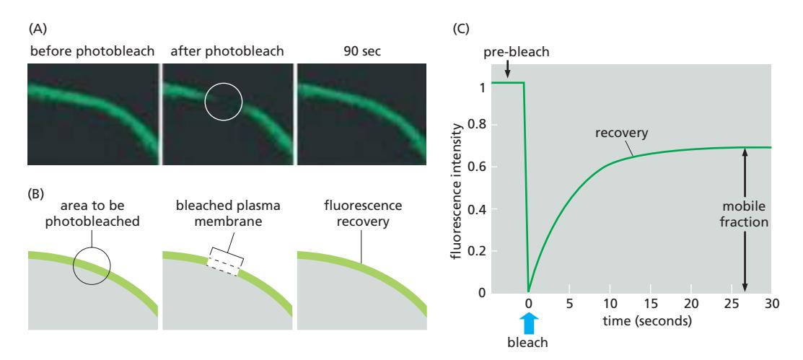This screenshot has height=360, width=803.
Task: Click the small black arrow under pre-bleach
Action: pos(507,69)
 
